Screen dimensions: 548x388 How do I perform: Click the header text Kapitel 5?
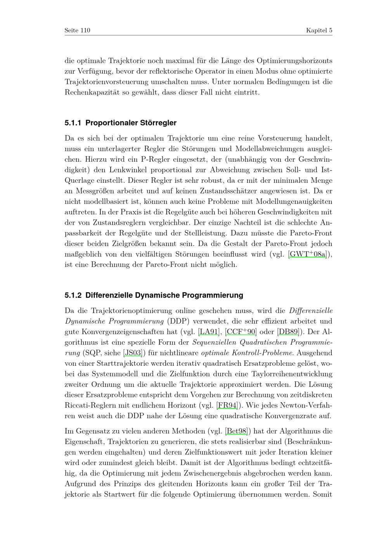coord(319,30)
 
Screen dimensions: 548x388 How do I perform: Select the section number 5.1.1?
coord(73,123)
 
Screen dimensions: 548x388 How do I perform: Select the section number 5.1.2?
coord(73,295)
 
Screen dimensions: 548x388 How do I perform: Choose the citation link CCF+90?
coord(241,332)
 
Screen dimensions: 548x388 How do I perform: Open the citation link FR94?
coord(227,405)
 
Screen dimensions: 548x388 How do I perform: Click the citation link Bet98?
coord(236,431)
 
